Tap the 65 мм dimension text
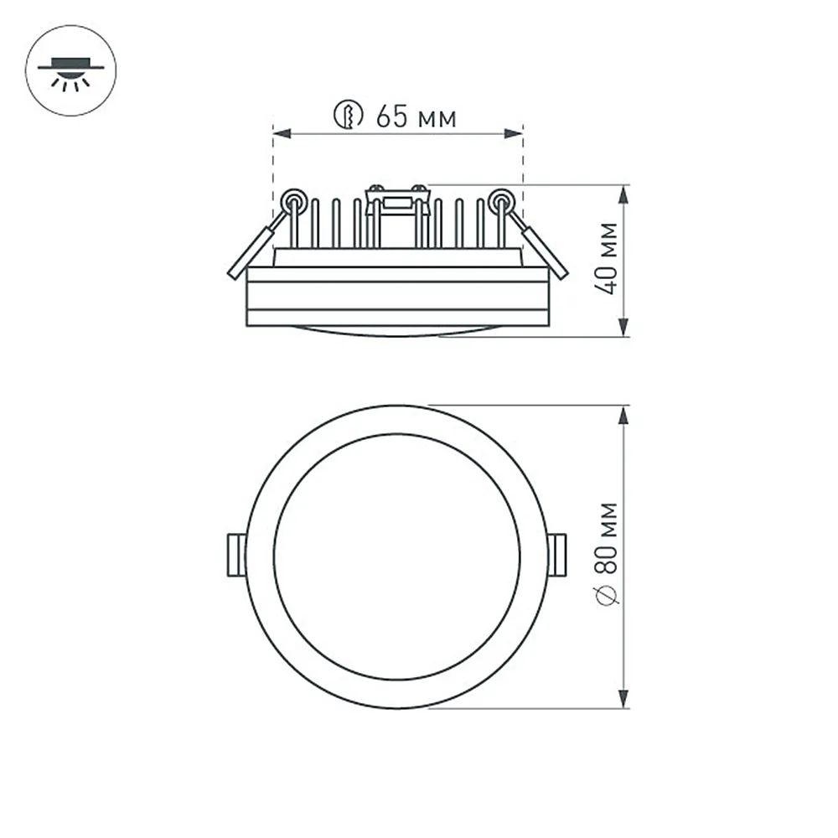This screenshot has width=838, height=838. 416,116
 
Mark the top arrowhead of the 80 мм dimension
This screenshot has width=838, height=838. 623,416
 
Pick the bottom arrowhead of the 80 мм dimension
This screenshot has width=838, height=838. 623,698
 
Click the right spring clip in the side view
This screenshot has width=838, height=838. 543,250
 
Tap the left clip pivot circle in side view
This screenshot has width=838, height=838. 293,200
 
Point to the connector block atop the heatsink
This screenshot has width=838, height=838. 397,201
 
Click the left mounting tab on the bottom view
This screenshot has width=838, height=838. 236,555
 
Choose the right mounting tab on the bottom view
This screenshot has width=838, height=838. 557,555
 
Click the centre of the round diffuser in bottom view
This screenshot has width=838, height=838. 397,556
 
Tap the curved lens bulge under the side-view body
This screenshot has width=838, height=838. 397,330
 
